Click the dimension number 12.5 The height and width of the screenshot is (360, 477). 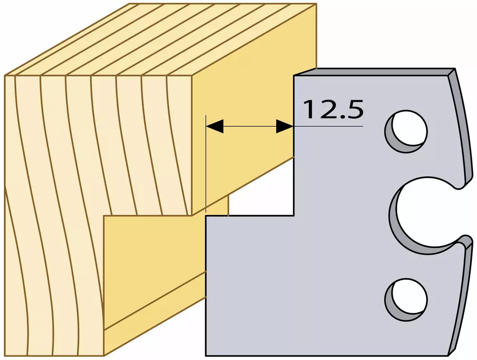coord(333,109)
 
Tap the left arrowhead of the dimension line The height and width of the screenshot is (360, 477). coord(215,126)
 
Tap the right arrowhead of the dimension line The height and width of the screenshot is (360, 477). coord(285,126)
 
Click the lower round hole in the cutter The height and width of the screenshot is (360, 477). coord(406,299)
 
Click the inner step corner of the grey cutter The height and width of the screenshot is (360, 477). coord(293,216)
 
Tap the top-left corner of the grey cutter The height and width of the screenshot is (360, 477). coord(294,75)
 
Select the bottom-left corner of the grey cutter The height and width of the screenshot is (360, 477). coord(206,355)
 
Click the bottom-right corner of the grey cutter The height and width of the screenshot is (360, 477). coord(449,355)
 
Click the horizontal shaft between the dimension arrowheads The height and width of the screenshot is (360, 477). coord(250,126)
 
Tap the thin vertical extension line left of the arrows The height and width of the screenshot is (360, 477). coord(206,164)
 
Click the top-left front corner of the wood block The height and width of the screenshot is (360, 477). coord(5,75)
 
